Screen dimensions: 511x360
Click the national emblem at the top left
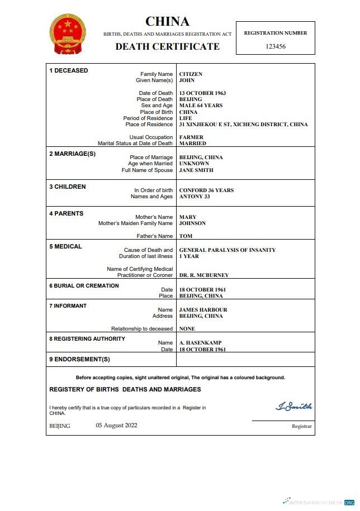pyautogui.click(x=69, y=35)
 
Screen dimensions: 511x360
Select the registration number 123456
pyautogui.click(x=275, y=46)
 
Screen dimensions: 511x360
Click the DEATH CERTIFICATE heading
pyautogui.click(x=167, y=47)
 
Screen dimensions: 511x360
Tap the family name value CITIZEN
pyautogui.click(x=191, y=74)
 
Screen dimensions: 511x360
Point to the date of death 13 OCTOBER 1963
pyautogui.click(x=202, y=93)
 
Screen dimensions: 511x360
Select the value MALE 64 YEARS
pyautogui.click(x=201, y=106)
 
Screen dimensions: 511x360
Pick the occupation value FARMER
pyautogui.click(x=191, y=137)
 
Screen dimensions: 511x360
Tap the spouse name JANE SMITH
pyautogui.click(x=196, y=170)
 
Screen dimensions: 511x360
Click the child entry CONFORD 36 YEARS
pyautogui.click(x=206, y=190)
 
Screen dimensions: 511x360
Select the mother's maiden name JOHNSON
pyautogui.click(x=192, y=223)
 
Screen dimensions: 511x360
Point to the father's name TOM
pyautogui.click(x=185, y=236)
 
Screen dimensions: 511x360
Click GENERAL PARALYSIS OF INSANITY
pyautogui.click(x=227, y=250)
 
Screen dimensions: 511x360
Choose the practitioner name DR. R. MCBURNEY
pyautogui.click(x=203, y=275)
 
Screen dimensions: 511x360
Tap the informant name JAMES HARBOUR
pyautogui.click(x=203, y=310)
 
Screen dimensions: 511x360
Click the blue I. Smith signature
pyautogui.click(x=293, y=407)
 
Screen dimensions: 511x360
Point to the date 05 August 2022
pyautogui.click(x=116, y=425)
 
